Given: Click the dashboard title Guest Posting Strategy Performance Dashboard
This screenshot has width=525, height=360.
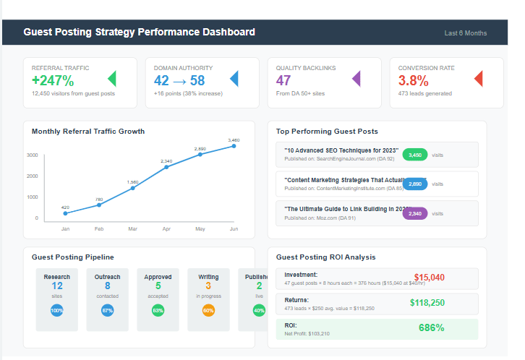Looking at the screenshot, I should point(139,33).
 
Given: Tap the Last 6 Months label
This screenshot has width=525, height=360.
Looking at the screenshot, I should point(465,33).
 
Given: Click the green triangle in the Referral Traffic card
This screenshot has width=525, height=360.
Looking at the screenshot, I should point(111,79).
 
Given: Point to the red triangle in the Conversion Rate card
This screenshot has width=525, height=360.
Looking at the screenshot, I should point(478,79).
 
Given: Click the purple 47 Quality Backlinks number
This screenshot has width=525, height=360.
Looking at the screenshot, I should point(283,80).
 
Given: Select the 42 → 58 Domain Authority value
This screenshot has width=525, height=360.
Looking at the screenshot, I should point(179,80).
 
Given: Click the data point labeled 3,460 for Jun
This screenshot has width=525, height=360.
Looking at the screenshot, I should point(234,146).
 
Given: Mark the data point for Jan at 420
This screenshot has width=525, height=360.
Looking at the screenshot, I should point(65,213).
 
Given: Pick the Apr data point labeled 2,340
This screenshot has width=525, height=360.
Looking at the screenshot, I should point(166,167).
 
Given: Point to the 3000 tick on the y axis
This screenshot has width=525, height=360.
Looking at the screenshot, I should point(33,155).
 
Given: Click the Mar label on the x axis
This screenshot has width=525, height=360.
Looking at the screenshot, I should point(132,228).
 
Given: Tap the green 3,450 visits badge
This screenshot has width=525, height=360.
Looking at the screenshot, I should point(415,155).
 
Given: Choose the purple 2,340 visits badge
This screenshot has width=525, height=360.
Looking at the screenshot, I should point(415,213).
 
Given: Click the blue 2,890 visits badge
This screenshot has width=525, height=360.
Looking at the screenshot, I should point(415,184).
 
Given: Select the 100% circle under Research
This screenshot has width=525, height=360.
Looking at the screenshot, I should point(56,310).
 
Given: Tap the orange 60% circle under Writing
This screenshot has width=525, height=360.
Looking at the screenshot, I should point(208,310).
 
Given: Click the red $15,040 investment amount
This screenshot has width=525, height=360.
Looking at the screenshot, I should point(429,278).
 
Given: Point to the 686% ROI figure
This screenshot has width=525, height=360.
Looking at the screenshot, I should point(431,327).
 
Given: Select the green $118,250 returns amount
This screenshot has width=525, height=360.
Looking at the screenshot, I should point(427,303).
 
